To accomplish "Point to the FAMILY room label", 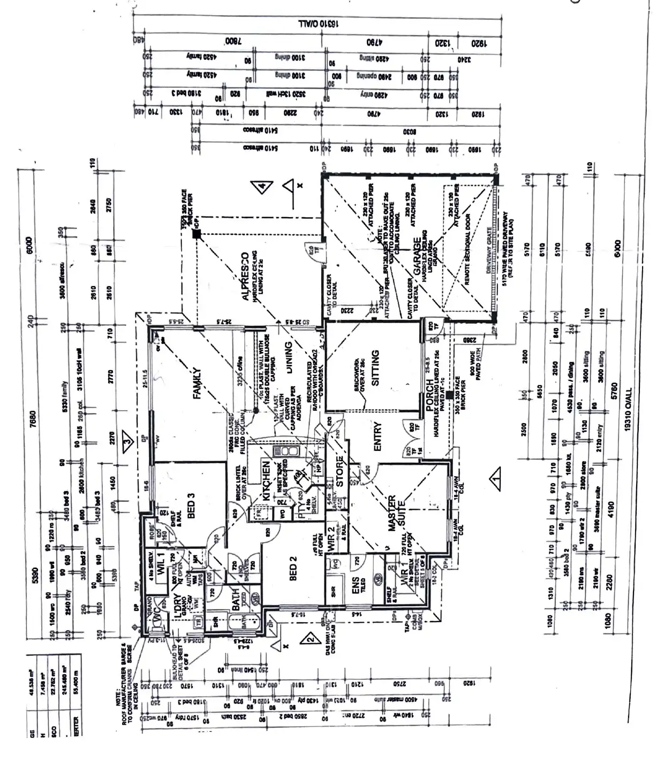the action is tap(197, 383).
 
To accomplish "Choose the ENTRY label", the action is tap(377, 437).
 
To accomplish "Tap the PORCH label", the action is tap(429, 396).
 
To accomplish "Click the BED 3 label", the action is tap(191, 506).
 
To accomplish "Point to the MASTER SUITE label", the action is tap(396, 514).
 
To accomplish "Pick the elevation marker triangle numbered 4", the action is tap(263, 187).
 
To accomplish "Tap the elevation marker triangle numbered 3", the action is tap(126, 442).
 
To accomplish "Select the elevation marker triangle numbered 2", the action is tap(309, 637).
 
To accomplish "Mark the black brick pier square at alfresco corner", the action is tap(197, 234).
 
